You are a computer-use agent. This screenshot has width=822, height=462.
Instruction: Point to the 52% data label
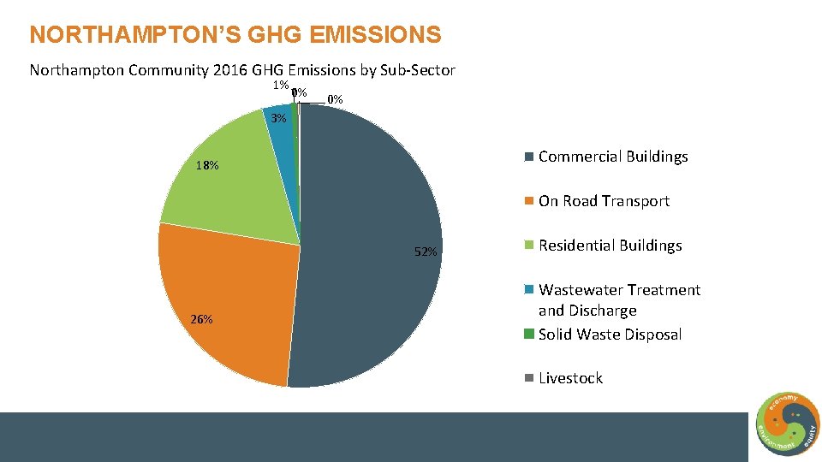point(426,252)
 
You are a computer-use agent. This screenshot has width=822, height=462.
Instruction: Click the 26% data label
point(202,319)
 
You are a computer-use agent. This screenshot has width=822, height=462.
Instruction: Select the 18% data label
point(206,165)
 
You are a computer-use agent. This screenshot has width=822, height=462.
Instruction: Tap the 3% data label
point(277,118)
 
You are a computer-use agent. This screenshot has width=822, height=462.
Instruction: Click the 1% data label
point(280,86)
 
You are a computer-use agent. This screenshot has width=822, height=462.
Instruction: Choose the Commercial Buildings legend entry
point(613,157)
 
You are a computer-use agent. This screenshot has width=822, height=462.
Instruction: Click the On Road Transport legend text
point(604,201)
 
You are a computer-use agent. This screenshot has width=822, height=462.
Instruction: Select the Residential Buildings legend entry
point(610,246)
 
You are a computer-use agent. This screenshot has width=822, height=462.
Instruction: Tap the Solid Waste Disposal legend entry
point(610,335)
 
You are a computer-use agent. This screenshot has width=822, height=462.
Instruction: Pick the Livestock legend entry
point(570,378)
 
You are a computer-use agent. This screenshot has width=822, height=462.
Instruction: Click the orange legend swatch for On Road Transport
point(530,202)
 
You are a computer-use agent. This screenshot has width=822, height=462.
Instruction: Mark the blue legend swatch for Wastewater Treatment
point(530,291)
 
